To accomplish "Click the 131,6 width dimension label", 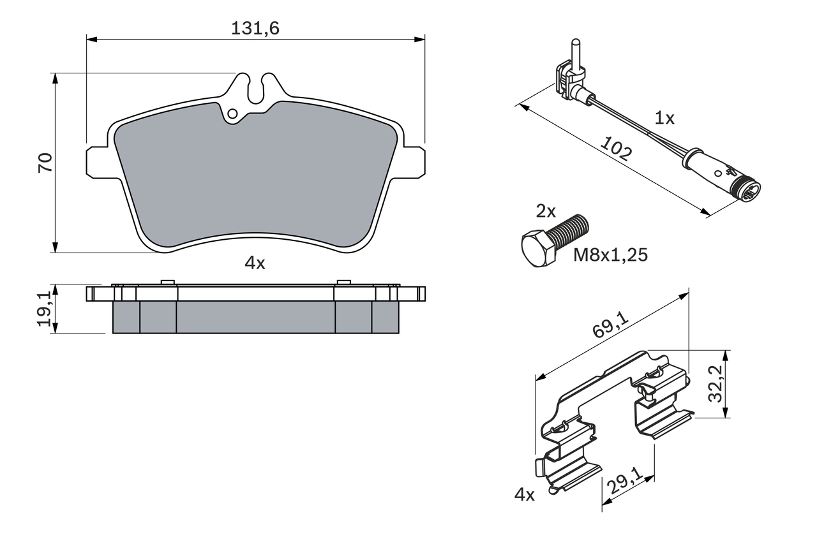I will pyautogui.click(x=255, y=27).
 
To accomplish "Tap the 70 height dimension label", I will pyautogui.click(x=45, y=163).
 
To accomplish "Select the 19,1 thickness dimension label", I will pyautogui.click(x=45, y=309).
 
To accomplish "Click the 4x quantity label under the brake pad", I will pyautogui.click(x=255, y=263).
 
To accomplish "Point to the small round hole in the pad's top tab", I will pyautogui.click(x=232, y=114).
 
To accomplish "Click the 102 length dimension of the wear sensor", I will pyautogui.click(x=617, y=152).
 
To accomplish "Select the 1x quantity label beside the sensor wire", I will pyautogui.click(x=664, y=118).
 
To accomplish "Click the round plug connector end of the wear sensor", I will pyautogui.click(x=749, y=191).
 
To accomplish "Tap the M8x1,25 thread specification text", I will pyautogui.click(x=610, y=255).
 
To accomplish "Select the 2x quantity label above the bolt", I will pyautogui.click(x=546, y=212).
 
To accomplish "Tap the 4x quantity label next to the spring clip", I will pyautogui.click(x=524, y=494).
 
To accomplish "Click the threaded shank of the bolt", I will pyautogui.click(x=570, y=231).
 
